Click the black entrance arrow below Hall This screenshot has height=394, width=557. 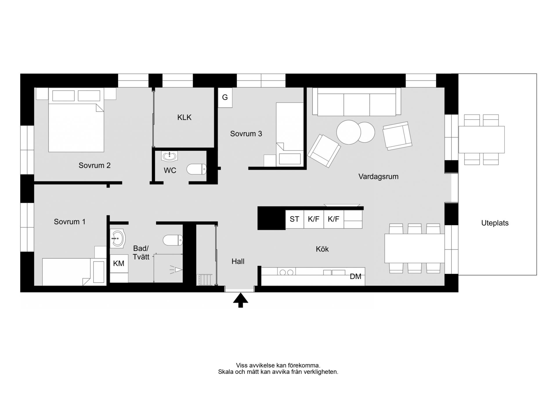(x=240, y=300)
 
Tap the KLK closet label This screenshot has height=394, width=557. (x=185, y=117)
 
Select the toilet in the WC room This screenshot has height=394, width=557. (x=196, y=169)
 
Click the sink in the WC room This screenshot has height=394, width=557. (x=169, y=156)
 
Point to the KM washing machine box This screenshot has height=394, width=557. (x=119, y=263)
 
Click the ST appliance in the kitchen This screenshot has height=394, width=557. (x=294, y=219)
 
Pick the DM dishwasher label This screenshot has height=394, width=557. (x=355, y=276)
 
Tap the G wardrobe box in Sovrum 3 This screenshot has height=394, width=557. (x=225, y=98)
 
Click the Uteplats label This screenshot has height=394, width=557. (x=495, y=223)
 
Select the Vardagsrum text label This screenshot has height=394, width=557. (x=378, y=177)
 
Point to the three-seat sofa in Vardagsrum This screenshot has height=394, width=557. (x=357, y=102)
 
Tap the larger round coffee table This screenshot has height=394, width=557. (x=349, y=132)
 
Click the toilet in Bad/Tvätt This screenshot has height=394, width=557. (x=173, y=240)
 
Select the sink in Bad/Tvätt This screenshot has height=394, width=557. (x=117, y=238)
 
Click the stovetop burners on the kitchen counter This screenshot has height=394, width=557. (x=286, y=272)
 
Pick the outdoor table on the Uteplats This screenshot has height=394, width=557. (x=482, y=140)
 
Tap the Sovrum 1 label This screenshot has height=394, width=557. (x=70, y=222)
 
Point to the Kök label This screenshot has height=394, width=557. (x=322, y=249)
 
